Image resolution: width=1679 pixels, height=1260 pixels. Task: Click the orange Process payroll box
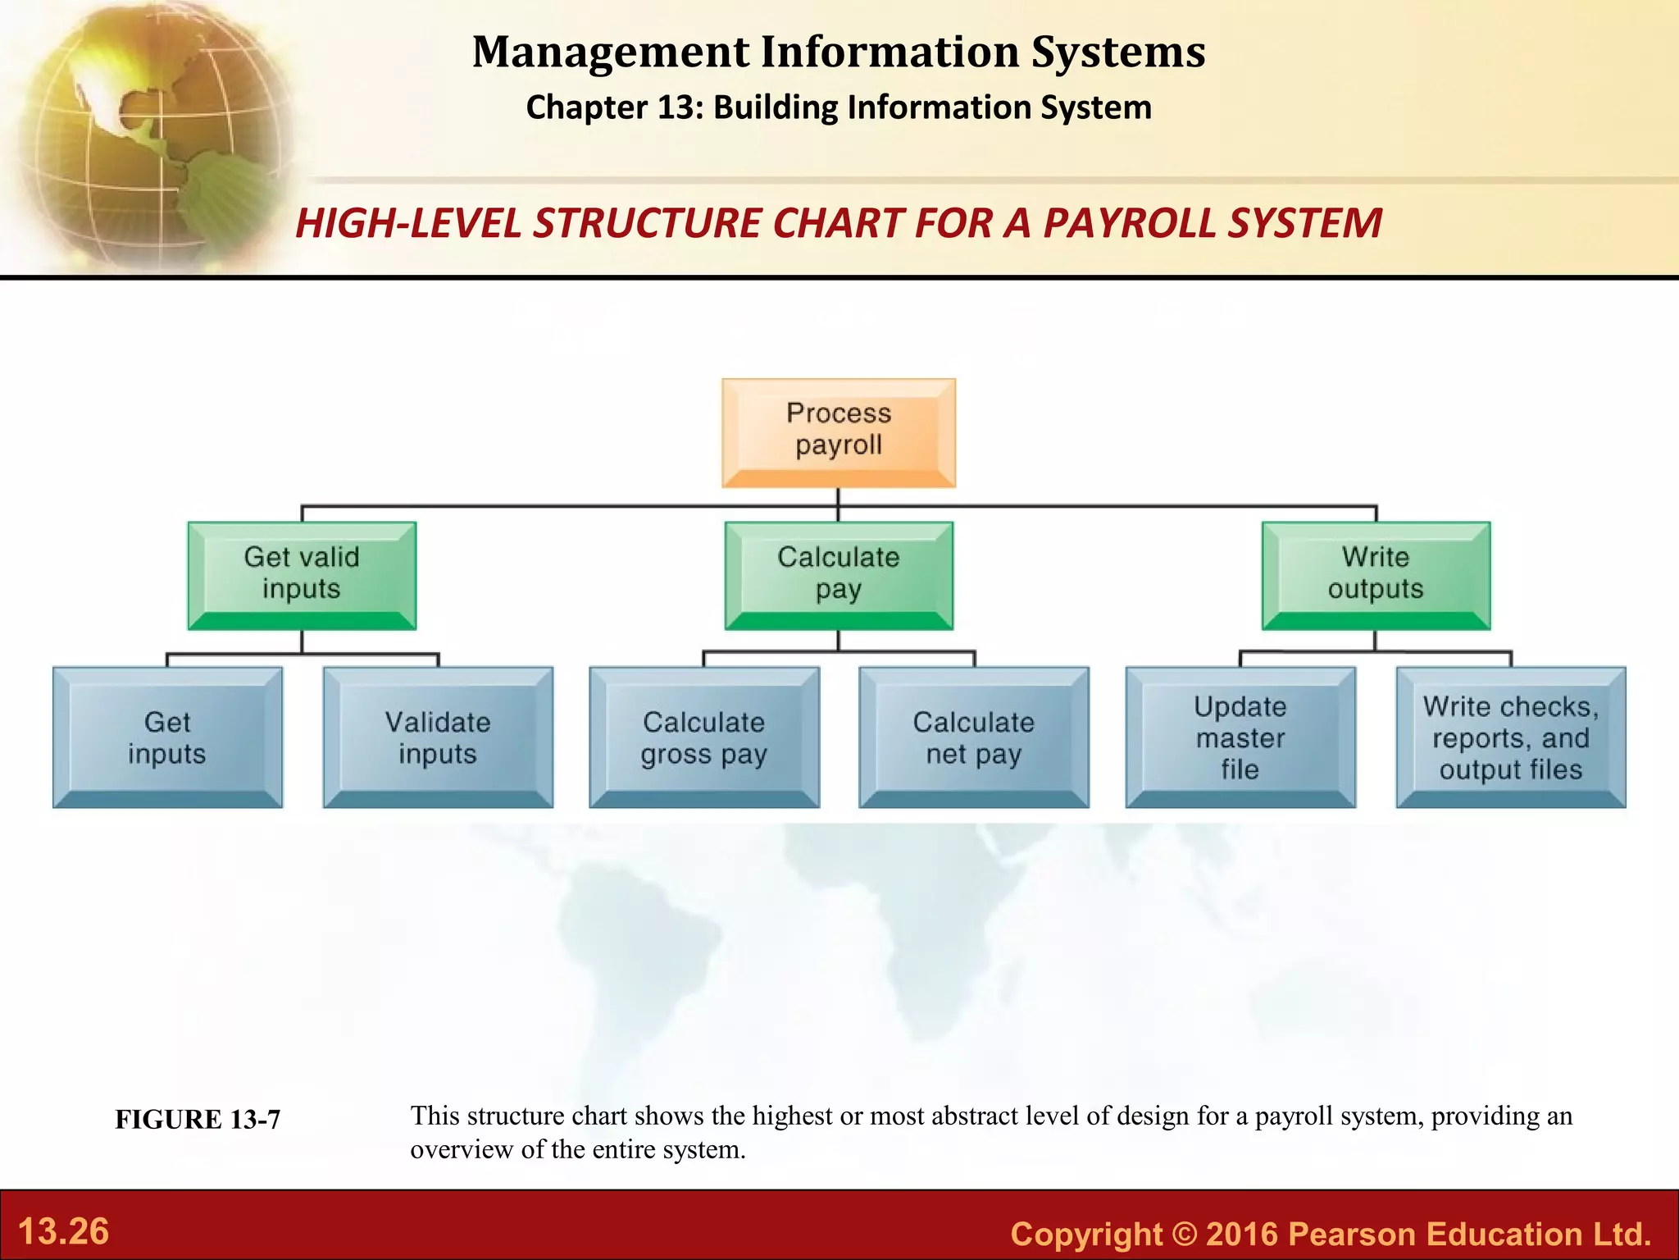[838, 432]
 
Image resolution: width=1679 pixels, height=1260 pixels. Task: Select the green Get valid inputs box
[302, 575]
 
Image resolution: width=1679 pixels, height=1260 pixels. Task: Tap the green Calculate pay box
[838, 575]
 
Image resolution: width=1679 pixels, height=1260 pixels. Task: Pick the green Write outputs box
[1376, 575]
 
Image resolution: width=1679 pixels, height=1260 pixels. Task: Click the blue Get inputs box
[167, 737]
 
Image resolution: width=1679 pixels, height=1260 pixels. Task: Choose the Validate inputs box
[438, 737]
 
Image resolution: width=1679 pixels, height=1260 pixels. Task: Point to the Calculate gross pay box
[703, 737]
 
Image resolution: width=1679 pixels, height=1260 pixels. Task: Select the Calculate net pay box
[974, 737]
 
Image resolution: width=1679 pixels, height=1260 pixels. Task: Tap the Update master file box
[1240, 737]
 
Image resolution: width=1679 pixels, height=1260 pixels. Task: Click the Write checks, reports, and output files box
[1510, 737]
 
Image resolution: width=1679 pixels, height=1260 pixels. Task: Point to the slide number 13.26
[63, 1231]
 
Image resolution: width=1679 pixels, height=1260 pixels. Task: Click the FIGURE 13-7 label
[198, 1120]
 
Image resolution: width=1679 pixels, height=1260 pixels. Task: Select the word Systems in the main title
[1118, 52]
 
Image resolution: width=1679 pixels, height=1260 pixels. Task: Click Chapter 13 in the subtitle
[613, 107]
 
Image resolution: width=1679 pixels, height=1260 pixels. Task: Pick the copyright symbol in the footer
[1184, 1234]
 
